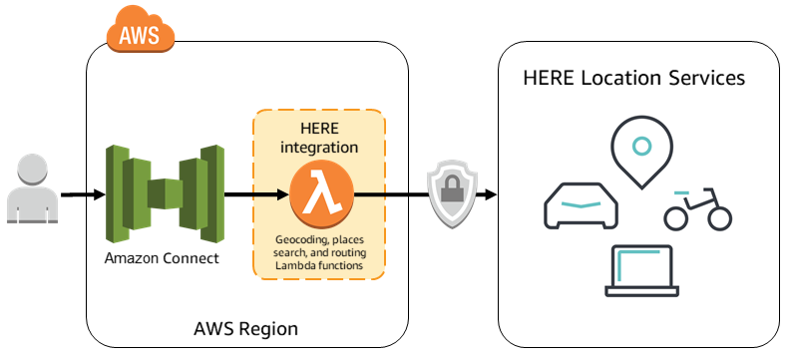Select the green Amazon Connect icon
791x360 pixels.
(x=164, y=193)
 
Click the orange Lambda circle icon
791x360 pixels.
(x=318, y=193)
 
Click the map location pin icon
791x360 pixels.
(x=641, y=150)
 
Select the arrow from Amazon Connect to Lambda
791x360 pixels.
(x=254, y=194)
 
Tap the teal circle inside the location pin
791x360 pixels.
(x=641, y=145)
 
